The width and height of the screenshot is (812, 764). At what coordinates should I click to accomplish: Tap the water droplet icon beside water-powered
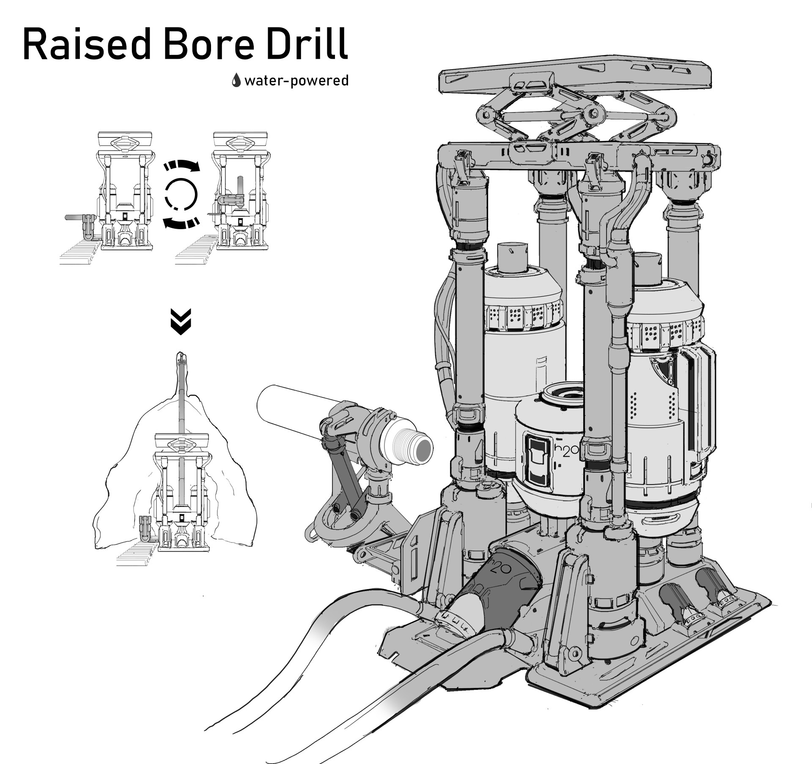236,80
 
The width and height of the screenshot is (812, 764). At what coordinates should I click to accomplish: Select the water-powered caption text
296,80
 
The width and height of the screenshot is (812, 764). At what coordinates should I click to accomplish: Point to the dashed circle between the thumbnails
181,194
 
